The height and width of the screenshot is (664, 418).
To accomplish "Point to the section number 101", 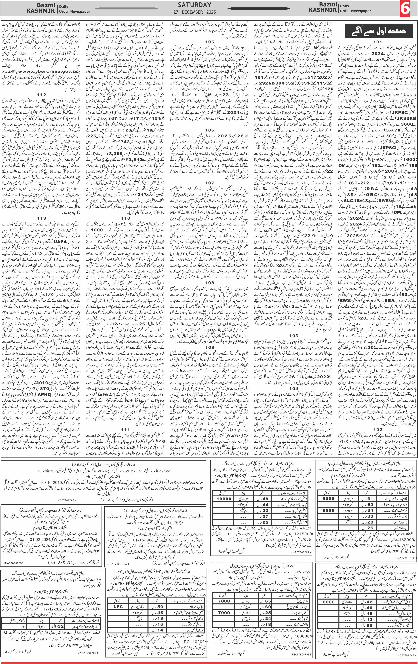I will [377, 42].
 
